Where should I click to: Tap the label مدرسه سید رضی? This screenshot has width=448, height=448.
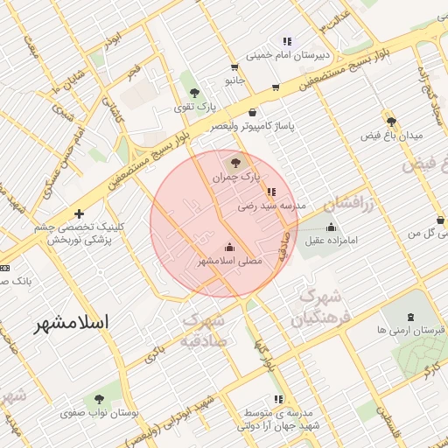(x=274, y=206)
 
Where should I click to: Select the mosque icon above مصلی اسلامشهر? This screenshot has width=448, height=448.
(x=230, y=247)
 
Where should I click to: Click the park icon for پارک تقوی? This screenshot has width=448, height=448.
(x=194, y=93)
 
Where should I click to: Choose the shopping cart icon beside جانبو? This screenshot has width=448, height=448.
(x=234, y=67)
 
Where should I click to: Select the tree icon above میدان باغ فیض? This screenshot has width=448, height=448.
(x=390, y=122)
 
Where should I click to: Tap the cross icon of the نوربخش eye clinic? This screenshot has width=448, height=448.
(x=80, y=213)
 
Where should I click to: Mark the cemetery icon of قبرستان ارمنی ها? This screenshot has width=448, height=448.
(x=409, y=317)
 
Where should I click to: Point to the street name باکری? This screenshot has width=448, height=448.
(x=154, y=353)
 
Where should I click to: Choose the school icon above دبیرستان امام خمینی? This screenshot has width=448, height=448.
(x=286, y=41)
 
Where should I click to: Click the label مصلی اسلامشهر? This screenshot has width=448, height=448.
(x=229, y=262)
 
